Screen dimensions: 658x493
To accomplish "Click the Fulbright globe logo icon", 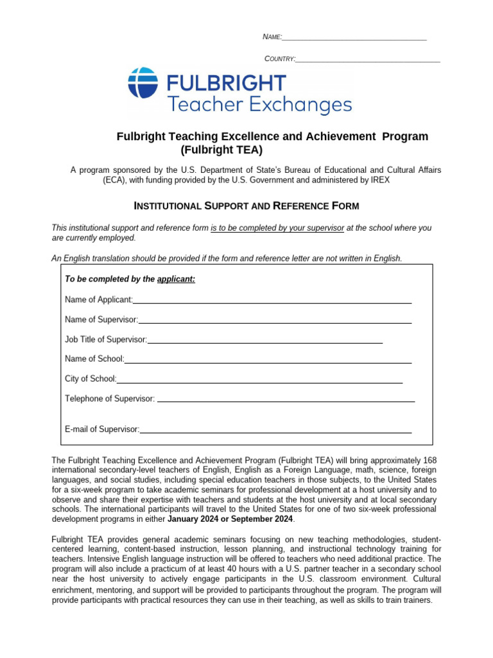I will (x=143, y=82).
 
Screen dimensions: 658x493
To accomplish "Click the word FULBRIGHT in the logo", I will (x=226, y=82).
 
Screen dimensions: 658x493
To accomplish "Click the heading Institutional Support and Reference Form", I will (x=246, y=206).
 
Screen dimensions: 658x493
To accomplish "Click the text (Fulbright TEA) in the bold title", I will (x=222, y=150).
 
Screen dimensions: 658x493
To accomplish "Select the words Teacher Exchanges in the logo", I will (x=259, y=103).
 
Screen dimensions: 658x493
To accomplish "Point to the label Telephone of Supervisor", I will (x=110, y=399).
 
